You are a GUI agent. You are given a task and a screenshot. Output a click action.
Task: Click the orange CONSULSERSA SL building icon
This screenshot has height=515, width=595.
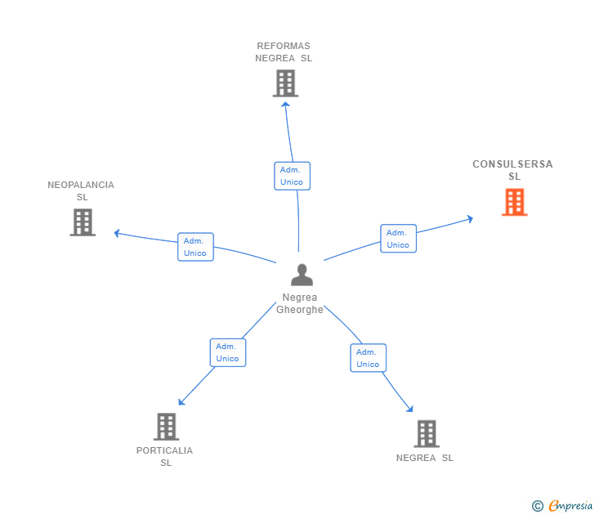tap(514, 202)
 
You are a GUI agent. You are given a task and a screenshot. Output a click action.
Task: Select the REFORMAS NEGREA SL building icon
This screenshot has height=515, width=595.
tap(285, 83)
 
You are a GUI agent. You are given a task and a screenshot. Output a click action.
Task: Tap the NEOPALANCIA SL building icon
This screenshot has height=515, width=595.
tap(83, 222)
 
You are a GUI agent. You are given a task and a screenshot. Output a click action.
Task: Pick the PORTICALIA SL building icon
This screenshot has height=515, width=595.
tap(166, 427)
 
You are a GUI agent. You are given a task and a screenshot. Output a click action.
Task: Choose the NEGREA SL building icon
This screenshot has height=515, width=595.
tap(426, 434)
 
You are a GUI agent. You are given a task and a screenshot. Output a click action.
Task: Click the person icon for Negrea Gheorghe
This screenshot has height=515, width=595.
tap(302, 275)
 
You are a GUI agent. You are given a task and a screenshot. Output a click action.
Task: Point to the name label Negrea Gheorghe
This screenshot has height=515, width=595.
tap(300, 303)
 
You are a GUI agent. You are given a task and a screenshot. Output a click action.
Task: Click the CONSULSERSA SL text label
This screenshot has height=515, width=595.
tap(512, 170)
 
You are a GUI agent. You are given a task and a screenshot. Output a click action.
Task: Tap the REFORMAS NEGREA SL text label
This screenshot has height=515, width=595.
tap(284, 52)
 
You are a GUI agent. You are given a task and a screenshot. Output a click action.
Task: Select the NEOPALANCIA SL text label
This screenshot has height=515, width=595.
tap(81, 191)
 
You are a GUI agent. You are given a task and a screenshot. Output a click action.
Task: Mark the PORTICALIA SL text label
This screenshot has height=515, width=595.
tap(165, 456)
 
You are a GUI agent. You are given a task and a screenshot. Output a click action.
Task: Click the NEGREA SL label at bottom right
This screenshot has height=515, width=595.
tap(424, 458)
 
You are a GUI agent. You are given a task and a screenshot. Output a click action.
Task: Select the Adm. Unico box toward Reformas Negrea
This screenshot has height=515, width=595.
tap(292, 176)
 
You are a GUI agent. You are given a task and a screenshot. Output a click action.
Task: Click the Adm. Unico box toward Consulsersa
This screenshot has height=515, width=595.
tap(398, 239)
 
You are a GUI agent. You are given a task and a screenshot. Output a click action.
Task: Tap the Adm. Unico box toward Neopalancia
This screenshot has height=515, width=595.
tap(195, 247)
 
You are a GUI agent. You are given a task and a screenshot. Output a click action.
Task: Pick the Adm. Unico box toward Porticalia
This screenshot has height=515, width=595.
tap(227, 352)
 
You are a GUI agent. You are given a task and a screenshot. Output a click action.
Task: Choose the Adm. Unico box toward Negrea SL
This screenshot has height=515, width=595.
tap(368, 358)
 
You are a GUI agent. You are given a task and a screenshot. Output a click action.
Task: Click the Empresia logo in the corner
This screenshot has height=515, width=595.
tap(562, 506)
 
